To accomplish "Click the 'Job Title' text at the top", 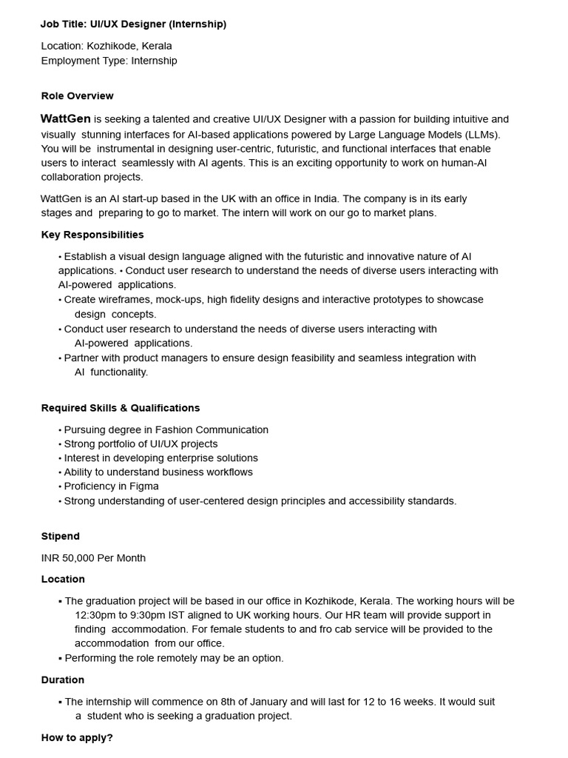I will click(x=63, y=24).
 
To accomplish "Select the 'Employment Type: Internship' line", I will click(x=109, y=61).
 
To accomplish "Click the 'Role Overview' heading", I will click(x=77, y=96).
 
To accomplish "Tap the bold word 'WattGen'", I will click(x=66, y=119).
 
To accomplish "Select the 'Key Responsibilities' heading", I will click(x=92, y=235).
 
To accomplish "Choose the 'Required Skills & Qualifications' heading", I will click(x=120, y=408).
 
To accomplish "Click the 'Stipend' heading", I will click(x=60, y=537).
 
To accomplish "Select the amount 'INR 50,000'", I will click(x=70, y=558).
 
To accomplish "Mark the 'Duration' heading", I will click(x=62, y=680).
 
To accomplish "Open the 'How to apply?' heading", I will click(x=77, y=738).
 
